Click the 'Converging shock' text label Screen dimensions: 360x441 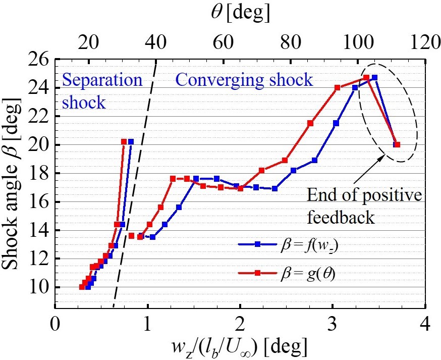(244, 80)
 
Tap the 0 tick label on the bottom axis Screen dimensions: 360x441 (54, 323)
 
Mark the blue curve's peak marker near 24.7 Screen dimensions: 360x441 (374, 78)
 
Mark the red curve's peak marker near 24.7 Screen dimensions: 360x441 (366, 78)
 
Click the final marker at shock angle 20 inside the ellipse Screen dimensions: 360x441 (397, 145)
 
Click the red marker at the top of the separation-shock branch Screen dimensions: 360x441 (124, 142)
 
